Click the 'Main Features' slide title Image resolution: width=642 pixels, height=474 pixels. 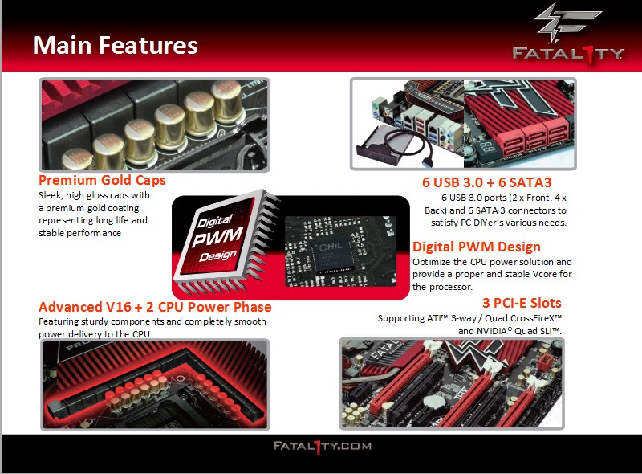115,45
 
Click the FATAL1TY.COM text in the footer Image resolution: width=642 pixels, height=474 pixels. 323,447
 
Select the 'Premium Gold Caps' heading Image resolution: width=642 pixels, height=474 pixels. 102,180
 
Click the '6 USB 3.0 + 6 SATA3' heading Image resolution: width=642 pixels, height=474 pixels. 487,182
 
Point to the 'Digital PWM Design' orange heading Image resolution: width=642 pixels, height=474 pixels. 477,247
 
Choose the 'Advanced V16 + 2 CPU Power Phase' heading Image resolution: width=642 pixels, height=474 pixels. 155,307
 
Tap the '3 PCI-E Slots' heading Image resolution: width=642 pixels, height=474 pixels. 522,303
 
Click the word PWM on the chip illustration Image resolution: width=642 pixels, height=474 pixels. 217,236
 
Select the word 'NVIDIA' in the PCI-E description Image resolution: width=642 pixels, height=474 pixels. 492,331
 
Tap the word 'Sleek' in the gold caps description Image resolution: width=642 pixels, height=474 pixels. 50,195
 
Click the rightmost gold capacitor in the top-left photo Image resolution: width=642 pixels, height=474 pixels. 228,101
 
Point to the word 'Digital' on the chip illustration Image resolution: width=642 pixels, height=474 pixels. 215,221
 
